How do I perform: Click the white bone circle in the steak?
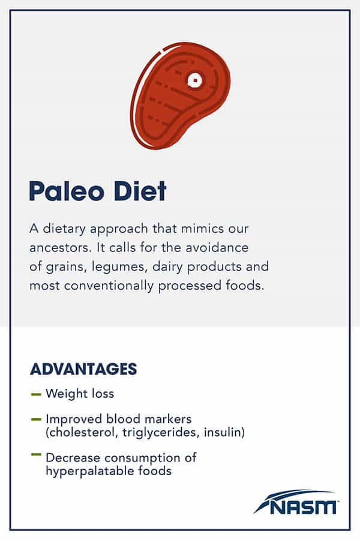point(194,80)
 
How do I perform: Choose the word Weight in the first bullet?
point(63,394)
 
